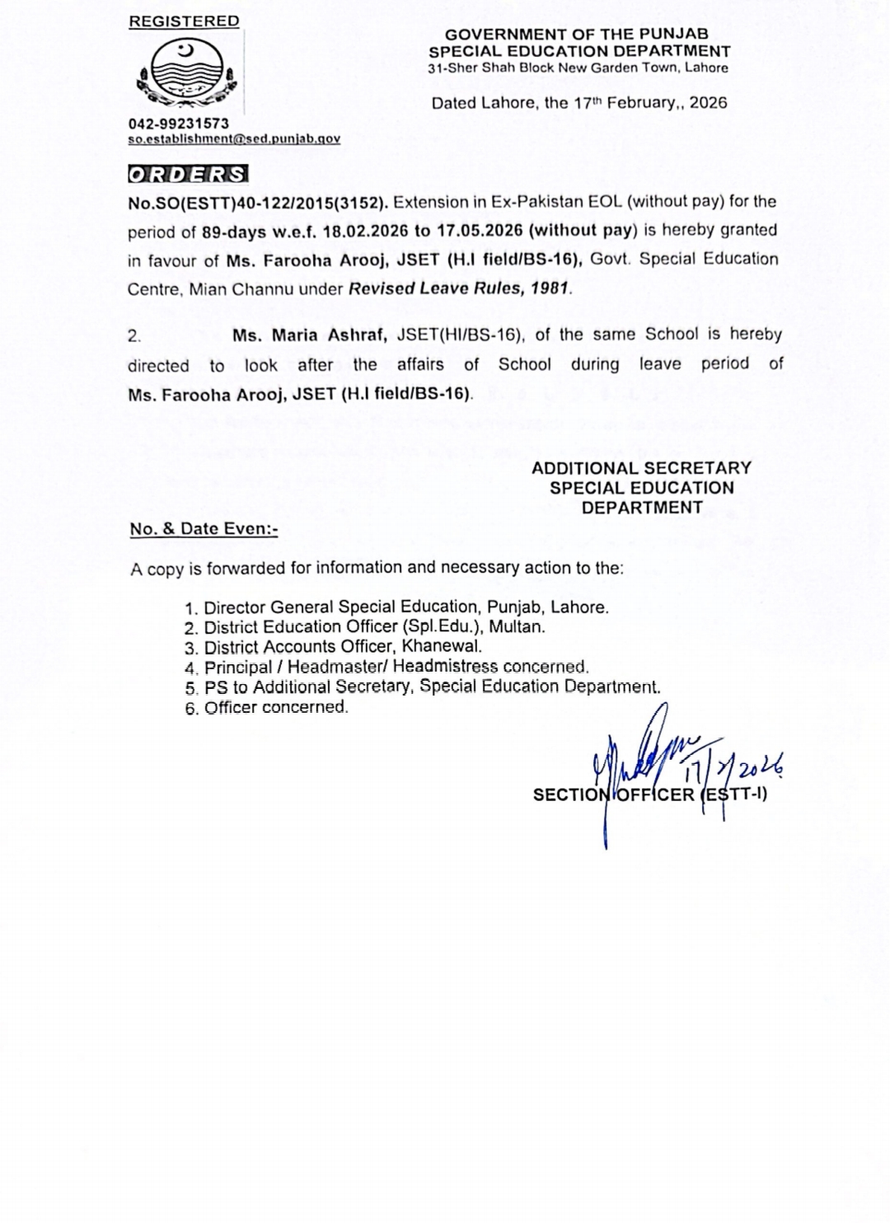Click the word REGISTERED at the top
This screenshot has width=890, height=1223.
(184, 21)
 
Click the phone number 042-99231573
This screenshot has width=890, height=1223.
(178, 123)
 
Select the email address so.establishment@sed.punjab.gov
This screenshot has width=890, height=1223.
(234, 139)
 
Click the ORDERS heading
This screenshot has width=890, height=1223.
(187, 175)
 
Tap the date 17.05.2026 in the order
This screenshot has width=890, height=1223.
(480, 232)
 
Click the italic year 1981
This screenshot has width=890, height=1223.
(551, 289)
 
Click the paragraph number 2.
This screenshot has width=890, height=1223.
(134, 335)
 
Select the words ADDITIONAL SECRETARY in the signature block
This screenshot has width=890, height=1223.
(641, 468)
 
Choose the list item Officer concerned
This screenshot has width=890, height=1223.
(275, 707)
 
